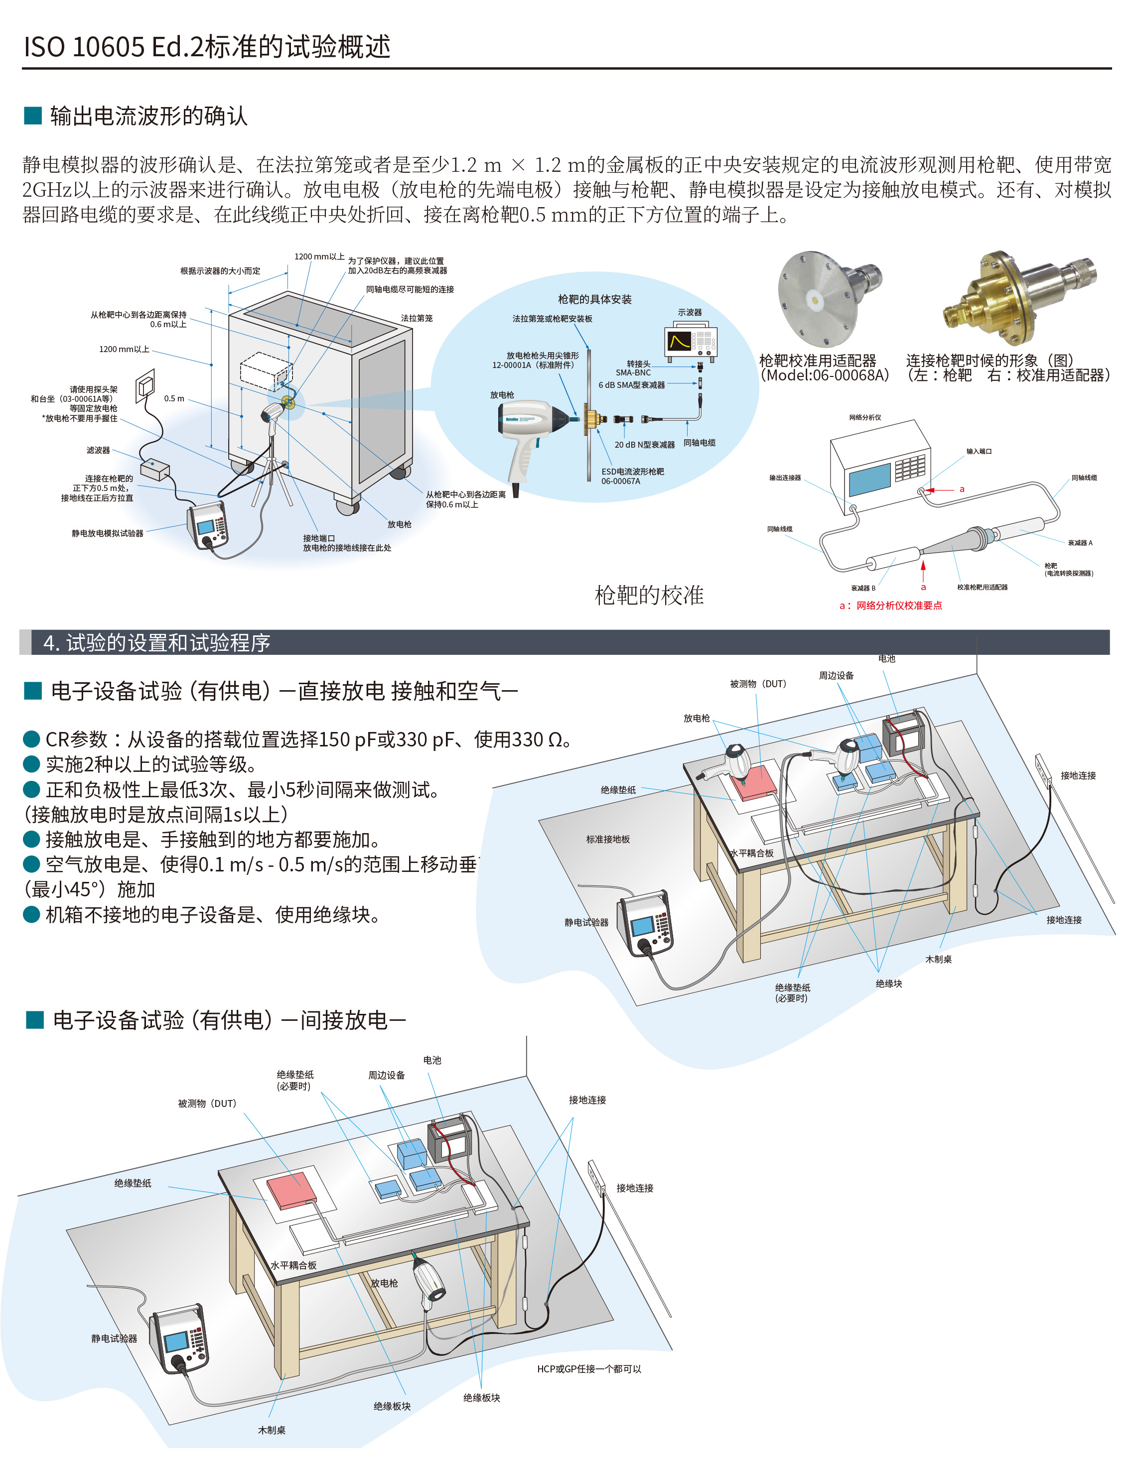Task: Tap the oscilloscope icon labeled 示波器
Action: (691, 342)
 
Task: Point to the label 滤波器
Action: (98, 450)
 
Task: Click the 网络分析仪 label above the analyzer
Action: (865, 417)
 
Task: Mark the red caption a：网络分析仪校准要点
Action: (890, 605)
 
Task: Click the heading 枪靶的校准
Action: (649, 595)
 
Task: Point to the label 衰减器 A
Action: (1080, 542)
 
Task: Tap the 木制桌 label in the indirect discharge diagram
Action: (272, 1430)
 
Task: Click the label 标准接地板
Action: (608, 839)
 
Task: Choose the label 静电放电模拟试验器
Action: (108, 533)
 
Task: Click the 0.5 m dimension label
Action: (174, 398)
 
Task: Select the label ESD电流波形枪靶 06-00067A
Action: (632, 476)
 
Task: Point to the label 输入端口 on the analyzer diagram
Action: (979, 451)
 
